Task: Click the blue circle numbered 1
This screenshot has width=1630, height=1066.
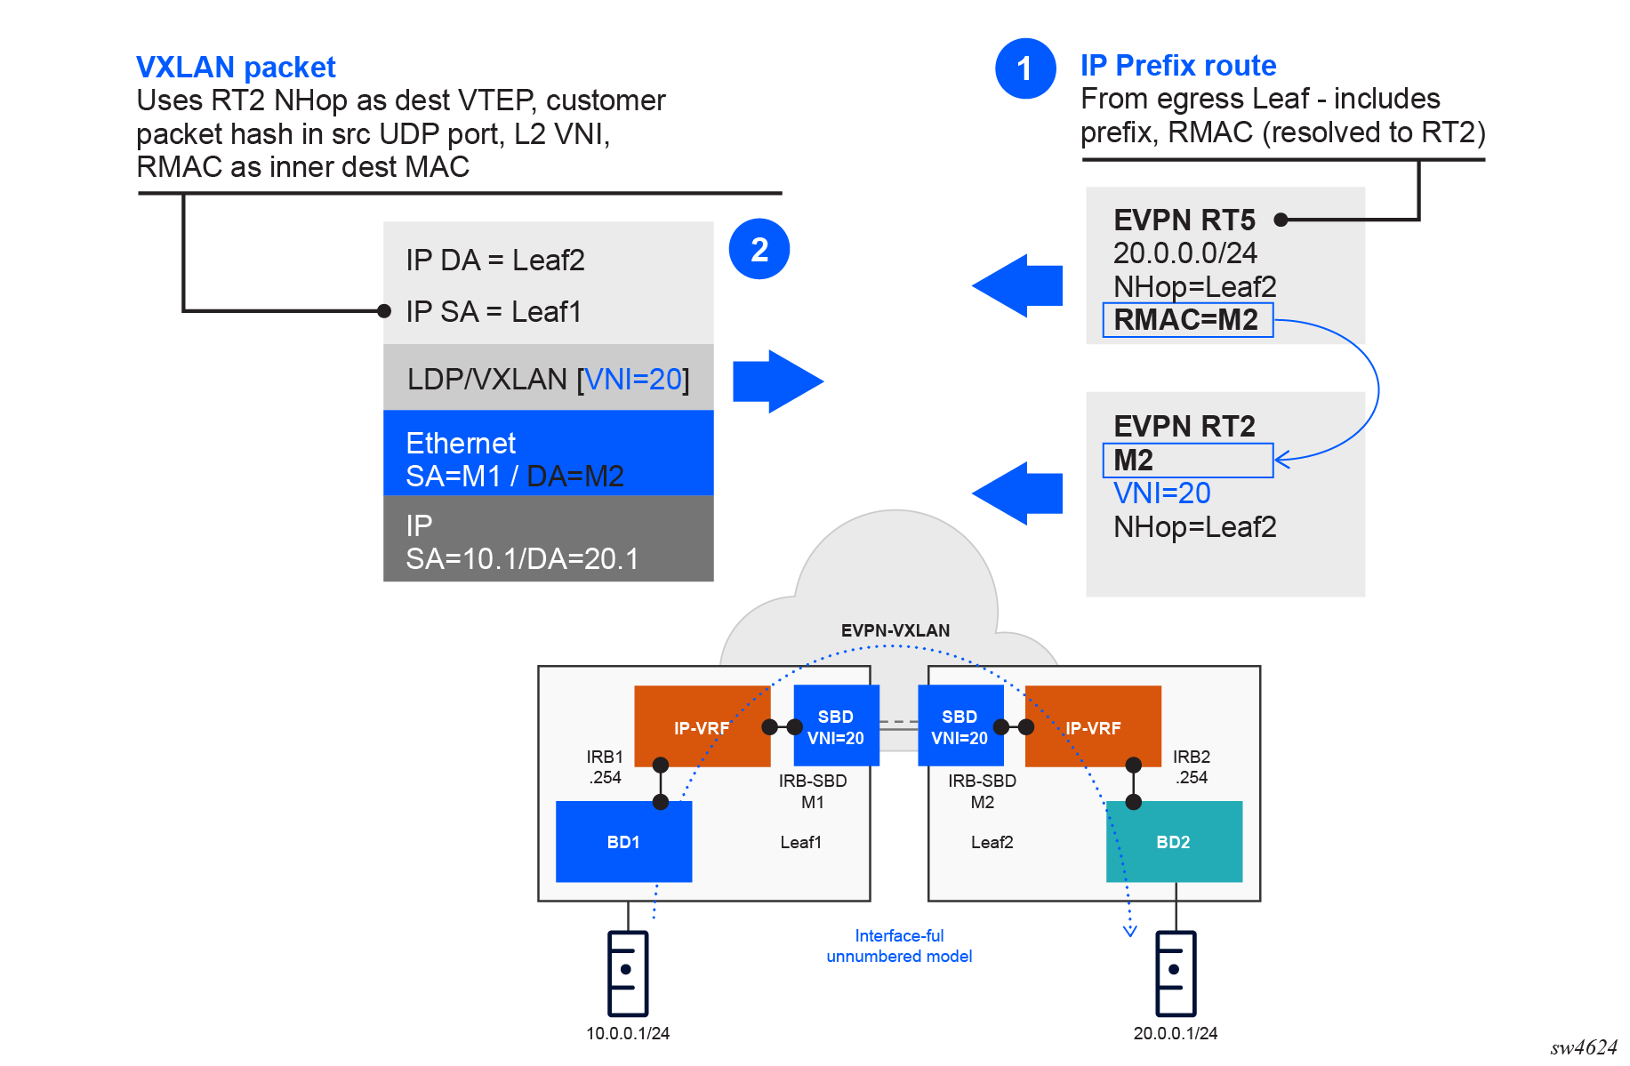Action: [1025, 68]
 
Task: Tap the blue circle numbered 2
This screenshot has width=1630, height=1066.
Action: [759, 249]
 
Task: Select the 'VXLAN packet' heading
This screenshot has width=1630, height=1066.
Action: [236, 68]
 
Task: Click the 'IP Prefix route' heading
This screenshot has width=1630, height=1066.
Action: [1177, 66]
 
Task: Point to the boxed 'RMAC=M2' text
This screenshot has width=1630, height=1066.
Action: [1186, 320]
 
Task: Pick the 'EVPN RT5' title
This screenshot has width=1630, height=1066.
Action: [1184, 220]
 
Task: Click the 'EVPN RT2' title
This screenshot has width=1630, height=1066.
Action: [1184, 426]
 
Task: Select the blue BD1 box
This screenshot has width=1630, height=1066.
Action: [623, 842]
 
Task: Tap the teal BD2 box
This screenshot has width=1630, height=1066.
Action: [1173, 842]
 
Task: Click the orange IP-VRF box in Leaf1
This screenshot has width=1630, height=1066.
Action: [701, 727]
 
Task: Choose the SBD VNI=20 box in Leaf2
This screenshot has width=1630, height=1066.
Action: [960, 726]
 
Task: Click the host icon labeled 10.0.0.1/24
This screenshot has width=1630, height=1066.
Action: [627, 973]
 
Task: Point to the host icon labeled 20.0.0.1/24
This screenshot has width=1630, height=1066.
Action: [1175, 973]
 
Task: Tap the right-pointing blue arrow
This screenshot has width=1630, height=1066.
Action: [777, 381]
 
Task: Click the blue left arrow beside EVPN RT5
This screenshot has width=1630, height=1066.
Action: [1017, 285]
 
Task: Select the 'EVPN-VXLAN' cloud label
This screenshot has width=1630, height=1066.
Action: [895, 630]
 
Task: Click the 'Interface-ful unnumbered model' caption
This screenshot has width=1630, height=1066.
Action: [899, 946]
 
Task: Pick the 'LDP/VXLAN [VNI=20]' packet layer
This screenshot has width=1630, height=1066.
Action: [548, 379]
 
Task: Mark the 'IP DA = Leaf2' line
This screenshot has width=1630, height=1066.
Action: [495, 260]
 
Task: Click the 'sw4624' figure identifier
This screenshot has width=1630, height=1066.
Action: [1583, 1047]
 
